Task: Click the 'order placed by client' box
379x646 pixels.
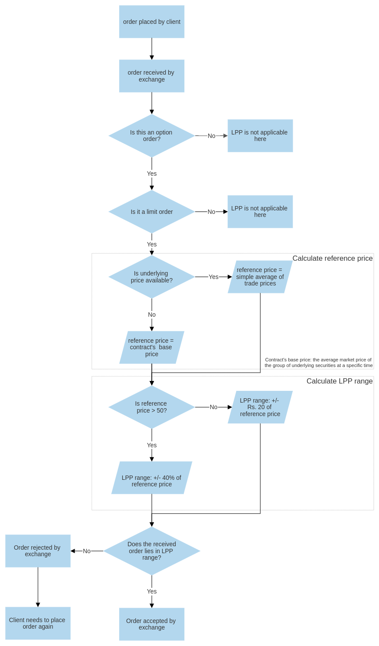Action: click(x=152, y=22)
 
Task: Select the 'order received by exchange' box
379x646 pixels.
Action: click(x=152, y=76)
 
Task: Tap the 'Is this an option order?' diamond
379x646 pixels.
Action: click(x=152, y=136)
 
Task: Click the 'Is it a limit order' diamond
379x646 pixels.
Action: click(x=152, y=212)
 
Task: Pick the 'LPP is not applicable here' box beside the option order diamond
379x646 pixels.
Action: click(x=260, y=136)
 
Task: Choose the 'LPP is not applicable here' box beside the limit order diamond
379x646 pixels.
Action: click(x=260, y=212)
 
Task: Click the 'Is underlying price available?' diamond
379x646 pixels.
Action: click(x=152, y=277)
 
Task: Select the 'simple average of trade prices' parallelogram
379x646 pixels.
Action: click(x=260, y=277)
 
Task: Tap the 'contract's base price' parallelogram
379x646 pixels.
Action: click(x=152, y=348)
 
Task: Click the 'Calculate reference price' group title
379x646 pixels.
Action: click(x=332, y=258)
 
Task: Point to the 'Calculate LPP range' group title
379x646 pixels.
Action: click(x=339, y=381)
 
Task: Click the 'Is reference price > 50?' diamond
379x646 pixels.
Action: click(x=152, y=407)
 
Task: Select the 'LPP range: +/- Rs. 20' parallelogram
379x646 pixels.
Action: click(x=260, y=407)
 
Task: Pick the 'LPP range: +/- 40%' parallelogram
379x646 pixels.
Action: click(x=152, y=478)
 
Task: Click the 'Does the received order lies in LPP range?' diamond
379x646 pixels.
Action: click(x=152, y=551)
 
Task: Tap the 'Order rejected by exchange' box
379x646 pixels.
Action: click(x=38, y=551)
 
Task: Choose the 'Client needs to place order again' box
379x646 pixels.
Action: click(x=38, y=623)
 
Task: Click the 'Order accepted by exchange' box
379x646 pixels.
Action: click(x=152, y=624)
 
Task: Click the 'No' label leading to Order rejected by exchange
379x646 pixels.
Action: click(x=87, y=551)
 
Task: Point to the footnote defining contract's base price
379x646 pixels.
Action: click(x=318, y=363)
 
